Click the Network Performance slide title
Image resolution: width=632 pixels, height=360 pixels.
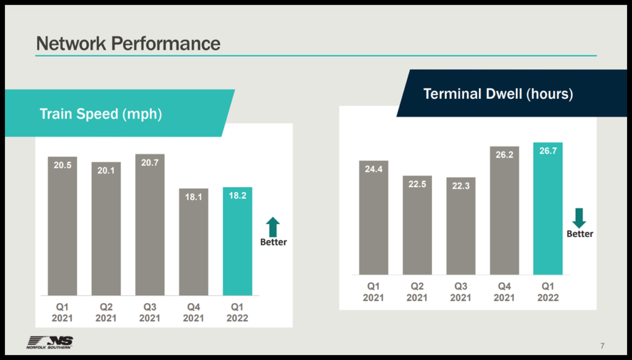coord(128,43)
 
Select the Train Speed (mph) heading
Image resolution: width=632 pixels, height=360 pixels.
coord(101,114)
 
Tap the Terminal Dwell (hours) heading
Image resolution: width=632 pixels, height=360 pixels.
coord(498,94)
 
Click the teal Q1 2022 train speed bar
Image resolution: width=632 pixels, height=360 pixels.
coord(238,241)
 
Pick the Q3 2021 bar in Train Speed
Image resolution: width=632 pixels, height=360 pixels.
coord(150,225)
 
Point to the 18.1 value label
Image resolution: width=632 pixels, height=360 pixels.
coord(194,197)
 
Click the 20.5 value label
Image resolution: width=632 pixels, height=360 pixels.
coord(62,165)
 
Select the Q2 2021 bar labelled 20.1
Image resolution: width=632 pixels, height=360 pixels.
coord(106,228)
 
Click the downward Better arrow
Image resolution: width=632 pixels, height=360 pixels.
coord(579,217)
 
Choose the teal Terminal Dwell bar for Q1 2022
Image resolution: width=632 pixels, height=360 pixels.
coord(548,209)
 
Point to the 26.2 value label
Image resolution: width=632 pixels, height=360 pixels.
coord(504,155)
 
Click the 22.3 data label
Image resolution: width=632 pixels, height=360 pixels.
coord(461,186)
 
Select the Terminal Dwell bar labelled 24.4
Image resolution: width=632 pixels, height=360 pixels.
coord(374,217)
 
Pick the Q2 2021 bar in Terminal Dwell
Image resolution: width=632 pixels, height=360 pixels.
coord(417,225)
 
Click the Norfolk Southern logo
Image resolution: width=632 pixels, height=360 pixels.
coord(49,342)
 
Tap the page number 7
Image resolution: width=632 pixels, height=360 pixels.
coord(602,345)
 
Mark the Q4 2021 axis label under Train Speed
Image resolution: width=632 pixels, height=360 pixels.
coord(194,312)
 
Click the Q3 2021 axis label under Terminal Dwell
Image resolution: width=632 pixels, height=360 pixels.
coord(461,291)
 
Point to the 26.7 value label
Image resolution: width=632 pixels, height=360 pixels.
coord(548,151)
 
